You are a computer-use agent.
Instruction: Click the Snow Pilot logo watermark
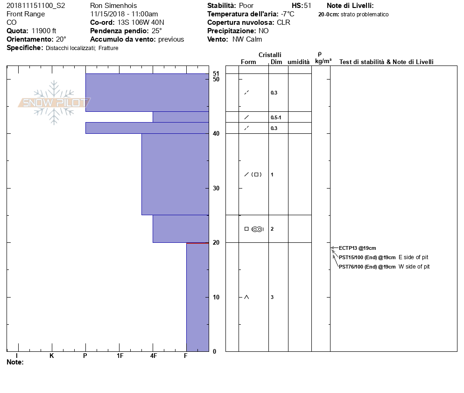tap(55, 102)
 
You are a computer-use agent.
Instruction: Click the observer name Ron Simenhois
tap(113, 6)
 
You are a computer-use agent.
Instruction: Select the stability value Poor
tap(246, 6)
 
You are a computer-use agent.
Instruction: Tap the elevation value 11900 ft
tap(44, 31)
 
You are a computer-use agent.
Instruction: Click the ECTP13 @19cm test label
tap(357, 248)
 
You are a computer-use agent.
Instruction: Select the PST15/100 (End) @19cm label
tap(367, 257)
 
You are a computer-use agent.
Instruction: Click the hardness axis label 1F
tap(120, 356)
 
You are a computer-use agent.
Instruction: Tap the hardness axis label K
tap(52, 356)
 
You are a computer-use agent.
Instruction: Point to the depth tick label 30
tap(216, 188)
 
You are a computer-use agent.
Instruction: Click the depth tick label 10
tap(216, 297)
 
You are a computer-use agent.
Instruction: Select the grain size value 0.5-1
tap(276, 117)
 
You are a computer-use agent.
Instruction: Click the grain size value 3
tap(272, 297)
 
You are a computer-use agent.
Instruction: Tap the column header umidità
tap(298, 62)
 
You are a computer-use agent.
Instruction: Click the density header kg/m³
tap(323, 61)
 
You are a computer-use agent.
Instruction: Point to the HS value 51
tap(307, 6)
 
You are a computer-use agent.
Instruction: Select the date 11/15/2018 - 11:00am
tap(124, 14)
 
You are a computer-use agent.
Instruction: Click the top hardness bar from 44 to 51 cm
tap(147, 92)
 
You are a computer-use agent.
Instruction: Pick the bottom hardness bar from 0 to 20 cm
tap(197, 297)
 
